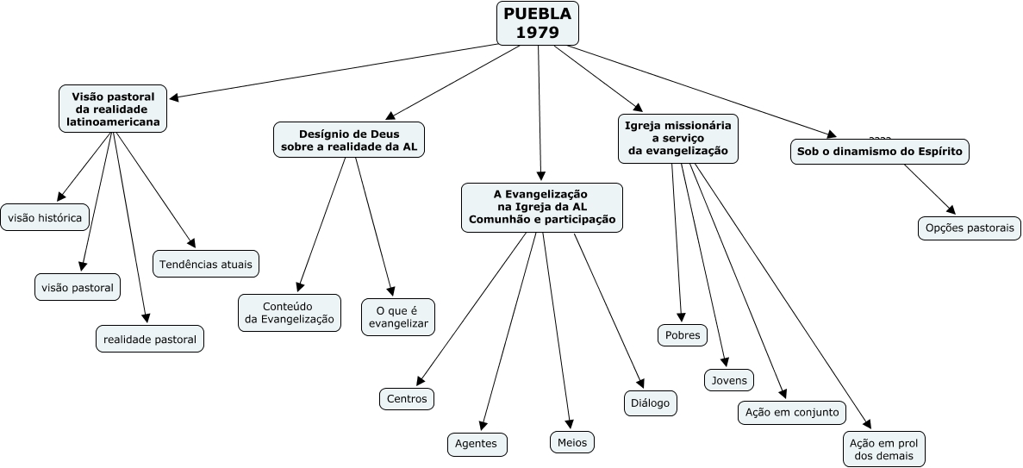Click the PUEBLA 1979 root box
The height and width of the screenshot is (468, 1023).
537,23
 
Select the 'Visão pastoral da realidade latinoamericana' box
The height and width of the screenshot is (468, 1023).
112,109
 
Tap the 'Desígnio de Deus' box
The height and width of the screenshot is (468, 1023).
349,140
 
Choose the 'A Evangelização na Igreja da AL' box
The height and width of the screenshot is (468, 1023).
541,207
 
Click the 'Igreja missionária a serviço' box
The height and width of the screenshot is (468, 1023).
677,138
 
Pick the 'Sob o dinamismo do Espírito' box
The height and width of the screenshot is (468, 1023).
880,152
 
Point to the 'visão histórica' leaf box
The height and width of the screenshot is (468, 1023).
45,218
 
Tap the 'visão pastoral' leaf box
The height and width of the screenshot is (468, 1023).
78,287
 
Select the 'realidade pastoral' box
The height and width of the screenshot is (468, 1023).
150,340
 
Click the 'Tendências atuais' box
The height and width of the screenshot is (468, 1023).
206,264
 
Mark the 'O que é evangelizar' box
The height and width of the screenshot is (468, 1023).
398,317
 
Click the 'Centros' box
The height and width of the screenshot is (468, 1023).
406,398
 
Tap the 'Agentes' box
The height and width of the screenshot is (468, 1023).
477,444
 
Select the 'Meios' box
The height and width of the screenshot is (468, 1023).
572,442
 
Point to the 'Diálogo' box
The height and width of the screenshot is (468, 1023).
650,402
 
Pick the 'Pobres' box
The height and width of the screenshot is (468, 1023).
683,335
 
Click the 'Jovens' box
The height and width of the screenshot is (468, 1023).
729,380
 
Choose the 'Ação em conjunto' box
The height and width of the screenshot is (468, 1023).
792,412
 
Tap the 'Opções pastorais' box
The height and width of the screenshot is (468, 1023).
969,228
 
